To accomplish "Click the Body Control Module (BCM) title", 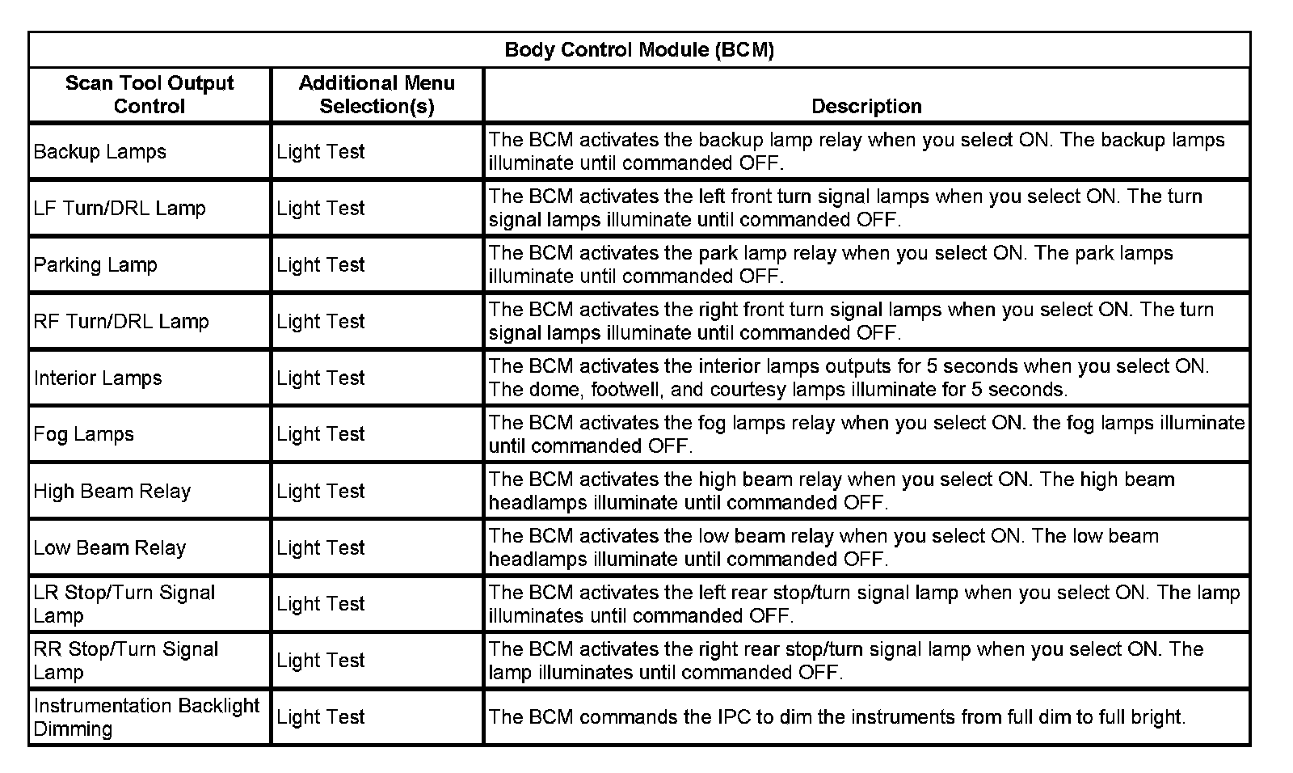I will [x=639, y=50].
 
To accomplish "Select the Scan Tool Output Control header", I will [x=150, y=95].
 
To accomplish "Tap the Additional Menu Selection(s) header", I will [x=377, y=95].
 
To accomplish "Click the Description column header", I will [x=866, y=106].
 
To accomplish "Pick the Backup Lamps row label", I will [x=100, y=151].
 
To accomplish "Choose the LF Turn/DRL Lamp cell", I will [x=120, y=208].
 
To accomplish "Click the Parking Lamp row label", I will [x=95, y=264].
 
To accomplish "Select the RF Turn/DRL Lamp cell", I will [x=121, y=321].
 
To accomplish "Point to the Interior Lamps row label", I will [x=98, y=378].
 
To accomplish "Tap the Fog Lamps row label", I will [x=84, y=434].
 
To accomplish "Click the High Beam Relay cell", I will [x=112, y=491].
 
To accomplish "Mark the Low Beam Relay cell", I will [x=110, y=547].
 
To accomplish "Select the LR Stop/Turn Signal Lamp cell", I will [x=124, y=603].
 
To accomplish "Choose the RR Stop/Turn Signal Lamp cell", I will [x=126, y=660].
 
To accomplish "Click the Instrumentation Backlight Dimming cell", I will [x=146, y=716].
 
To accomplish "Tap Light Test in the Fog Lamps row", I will [x=321, y=434].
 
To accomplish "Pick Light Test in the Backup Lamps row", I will [x=321, y=151].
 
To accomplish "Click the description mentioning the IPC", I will [x=836, y=716].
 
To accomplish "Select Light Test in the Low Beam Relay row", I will [x=321, y=547].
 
